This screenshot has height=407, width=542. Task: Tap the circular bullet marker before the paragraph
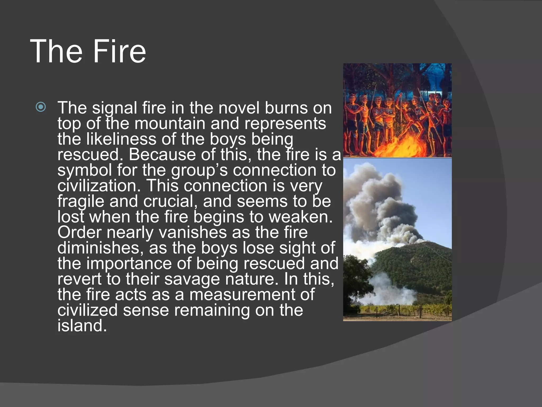[41, 107]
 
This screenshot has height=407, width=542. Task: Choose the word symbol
[84, 170]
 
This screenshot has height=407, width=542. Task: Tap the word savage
[192, 279]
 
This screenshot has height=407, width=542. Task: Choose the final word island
[82, 325]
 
